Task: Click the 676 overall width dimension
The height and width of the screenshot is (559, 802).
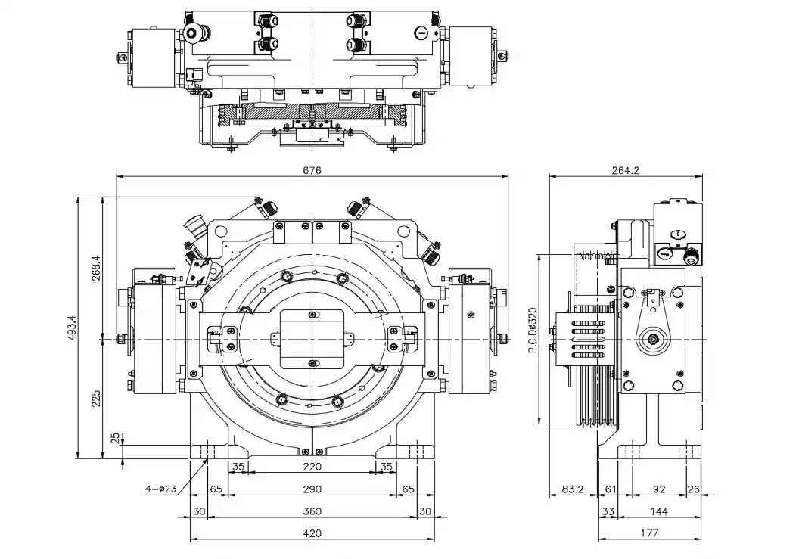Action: click(x=312, y=170)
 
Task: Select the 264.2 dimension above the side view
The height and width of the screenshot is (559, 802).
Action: click(x=625, y=170)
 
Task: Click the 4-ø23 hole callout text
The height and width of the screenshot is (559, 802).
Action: click(x=160, y=489)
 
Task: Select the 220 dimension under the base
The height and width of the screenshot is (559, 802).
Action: click(x=312, y=467)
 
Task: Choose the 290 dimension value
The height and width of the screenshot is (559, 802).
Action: click(x=312, y=489)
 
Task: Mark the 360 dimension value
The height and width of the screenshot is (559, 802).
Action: click(x=312, y=511)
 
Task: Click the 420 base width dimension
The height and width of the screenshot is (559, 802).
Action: click(x=312, y=533)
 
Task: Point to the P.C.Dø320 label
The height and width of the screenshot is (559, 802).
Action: click(x=532, y=331)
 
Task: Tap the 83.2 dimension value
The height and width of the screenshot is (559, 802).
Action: click(x=572, y=489)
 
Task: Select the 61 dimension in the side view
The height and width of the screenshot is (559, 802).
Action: click(x=611, y=489)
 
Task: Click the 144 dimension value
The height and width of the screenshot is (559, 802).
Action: click(x=659, y=511)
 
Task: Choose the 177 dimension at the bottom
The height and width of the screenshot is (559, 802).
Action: click(x=648, y=533)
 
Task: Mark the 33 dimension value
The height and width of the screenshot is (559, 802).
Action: click(x=608, y=511)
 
